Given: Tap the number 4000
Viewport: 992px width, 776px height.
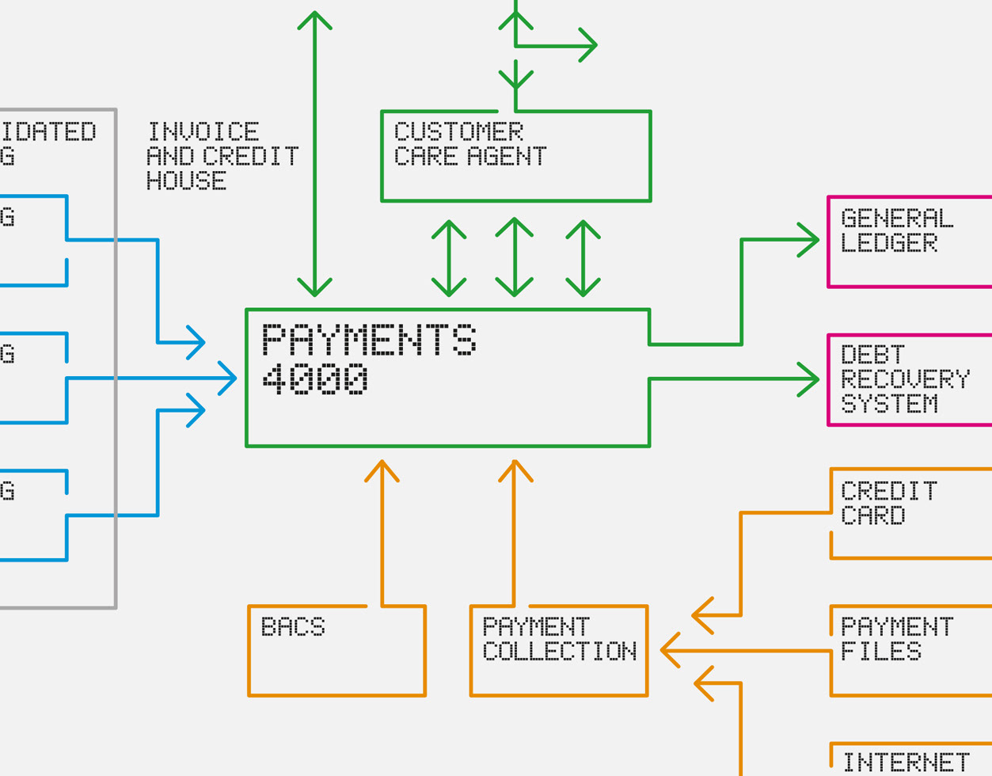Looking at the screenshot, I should point(314,378).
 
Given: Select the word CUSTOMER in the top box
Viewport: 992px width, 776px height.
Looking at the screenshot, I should point(458,131).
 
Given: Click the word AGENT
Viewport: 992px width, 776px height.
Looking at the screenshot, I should point(507,156).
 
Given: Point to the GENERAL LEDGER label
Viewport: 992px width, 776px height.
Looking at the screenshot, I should point(896,230).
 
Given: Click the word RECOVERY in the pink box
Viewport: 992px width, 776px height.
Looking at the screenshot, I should point(904,379).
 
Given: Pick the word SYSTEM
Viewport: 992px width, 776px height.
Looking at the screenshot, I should point(889,404).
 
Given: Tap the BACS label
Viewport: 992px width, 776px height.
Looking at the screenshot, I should point(293,627).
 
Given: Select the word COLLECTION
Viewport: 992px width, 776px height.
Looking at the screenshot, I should point(559,652).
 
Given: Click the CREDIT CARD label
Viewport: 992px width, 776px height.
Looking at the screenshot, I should point(888,504).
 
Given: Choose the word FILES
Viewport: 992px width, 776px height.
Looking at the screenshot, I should point(880,652).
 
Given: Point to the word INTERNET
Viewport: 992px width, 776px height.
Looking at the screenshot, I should point(905,763).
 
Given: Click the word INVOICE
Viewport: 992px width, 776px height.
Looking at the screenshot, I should point(203,131).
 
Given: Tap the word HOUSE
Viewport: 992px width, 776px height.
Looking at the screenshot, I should point(187,181).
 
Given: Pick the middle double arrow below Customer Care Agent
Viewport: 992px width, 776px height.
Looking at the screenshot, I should point(515,257).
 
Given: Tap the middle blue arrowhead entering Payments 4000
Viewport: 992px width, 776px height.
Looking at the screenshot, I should point(229,378).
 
